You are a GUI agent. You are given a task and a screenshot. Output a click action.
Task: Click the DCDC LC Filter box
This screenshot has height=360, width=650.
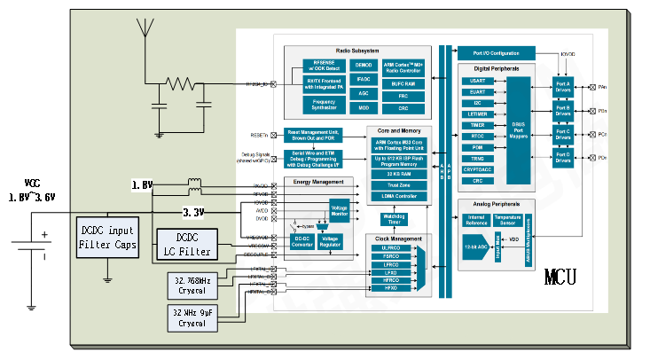(184, 246)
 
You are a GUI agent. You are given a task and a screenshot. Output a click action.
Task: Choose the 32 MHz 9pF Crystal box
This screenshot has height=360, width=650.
(192, 317)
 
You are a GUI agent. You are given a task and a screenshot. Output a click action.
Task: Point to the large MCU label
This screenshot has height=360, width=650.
(560, 277)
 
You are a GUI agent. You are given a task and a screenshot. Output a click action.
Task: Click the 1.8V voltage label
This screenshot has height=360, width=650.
(143, 185)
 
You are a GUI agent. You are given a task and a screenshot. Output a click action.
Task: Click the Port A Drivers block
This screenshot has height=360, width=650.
(563, 86)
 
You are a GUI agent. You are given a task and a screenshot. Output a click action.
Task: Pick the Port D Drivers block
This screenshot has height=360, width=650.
(563, 158)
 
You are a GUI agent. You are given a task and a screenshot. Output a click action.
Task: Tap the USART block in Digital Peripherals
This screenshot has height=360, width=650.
(477, 81)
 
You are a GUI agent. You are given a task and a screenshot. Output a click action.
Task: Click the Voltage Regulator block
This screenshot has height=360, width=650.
(329, 241)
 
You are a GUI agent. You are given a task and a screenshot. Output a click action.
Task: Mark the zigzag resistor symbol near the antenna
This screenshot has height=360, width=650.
(182, 84)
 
